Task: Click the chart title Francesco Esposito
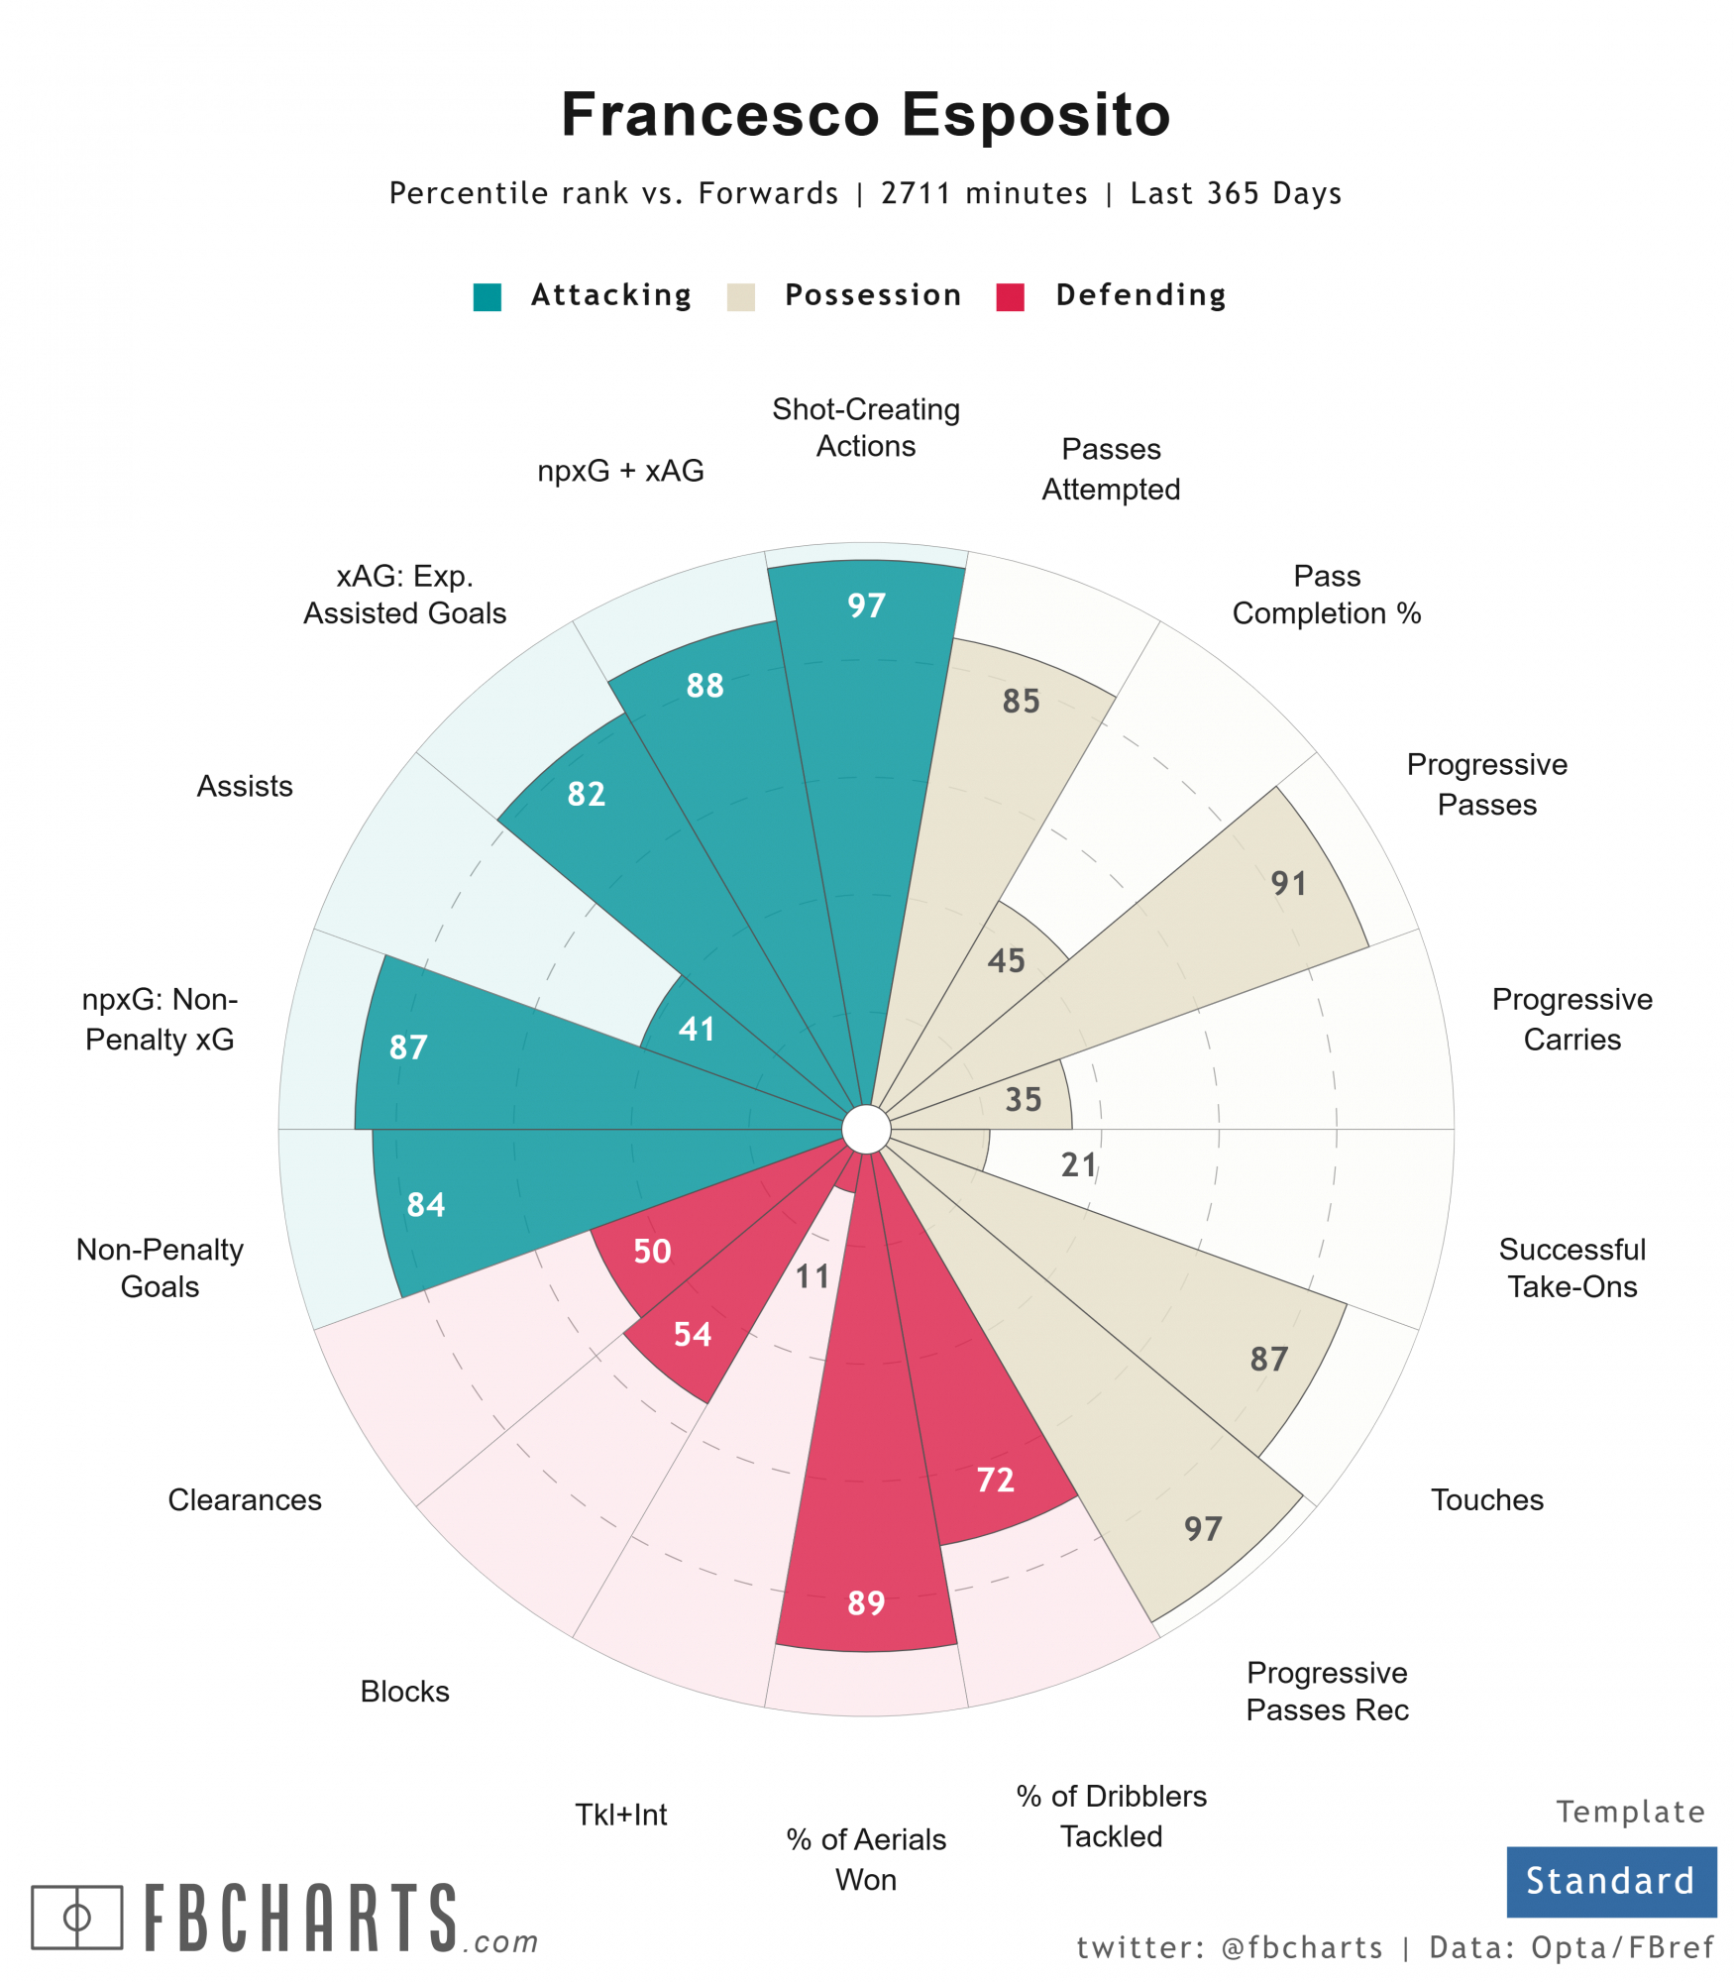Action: click(866, 114)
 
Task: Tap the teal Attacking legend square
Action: click(488, 297)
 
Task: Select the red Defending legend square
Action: click(1010, 297)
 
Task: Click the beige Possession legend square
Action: click(741, 297)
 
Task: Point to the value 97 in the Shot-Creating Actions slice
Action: click(866, 606)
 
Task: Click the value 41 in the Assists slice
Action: click(697, 1029)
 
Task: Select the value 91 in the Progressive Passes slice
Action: click(1289, 883)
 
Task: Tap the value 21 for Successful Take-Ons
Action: click(1079, 1164)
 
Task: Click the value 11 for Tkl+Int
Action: click(813, 1276)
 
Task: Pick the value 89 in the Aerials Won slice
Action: click(866, 1602)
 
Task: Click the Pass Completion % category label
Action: click(1327, 595)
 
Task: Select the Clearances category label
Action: click(245, 1499)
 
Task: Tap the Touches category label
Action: click(1486, 1499)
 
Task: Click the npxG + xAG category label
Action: click(620, 471)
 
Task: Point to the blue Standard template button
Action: click(1610, 1881)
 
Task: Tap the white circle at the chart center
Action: click(866, 1130)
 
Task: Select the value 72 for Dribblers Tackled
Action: click(995, 1480)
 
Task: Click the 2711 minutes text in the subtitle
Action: click(984, 193)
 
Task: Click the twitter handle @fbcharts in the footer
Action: click(1302, 1947)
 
